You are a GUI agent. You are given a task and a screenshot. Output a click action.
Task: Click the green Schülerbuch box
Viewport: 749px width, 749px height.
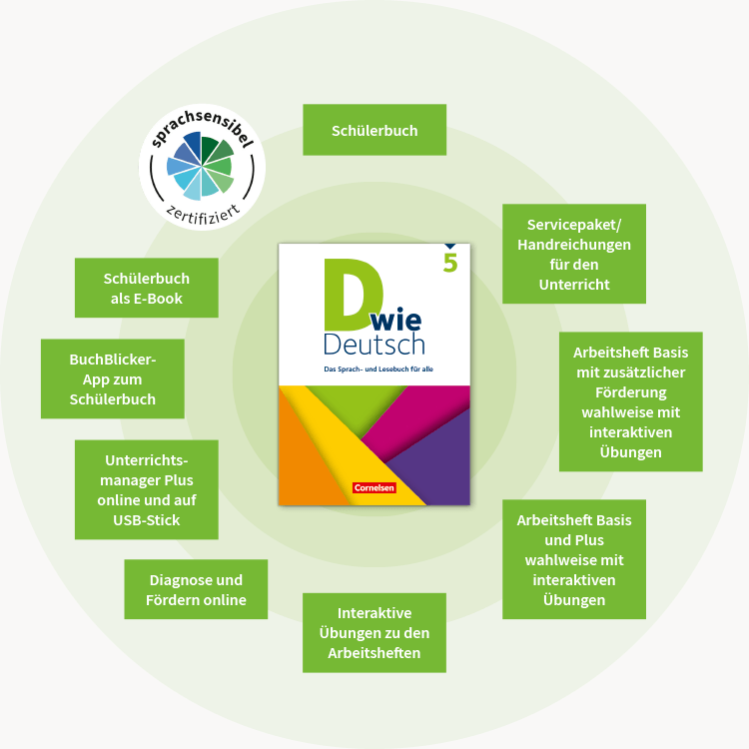tap(374, 131)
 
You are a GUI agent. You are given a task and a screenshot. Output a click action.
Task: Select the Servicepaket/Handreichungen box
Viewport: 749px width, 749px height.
tap(574, 254)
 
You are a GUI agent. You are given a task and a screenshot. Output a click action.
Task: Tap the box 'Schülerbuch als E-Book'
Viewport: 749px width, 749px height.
tap(147, 289)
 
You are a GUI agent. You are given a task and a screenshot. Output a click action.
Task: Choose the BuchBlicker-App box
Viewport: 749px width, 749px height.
tap(113, 378)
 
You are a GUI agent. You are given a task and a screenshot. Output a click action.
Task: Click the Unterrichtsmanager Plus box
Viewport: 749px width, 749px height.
tap(147, 490)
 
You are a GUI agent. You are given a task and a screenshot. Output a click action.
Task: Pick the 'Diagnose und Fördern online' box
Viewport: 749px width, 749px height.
tap(196, 589)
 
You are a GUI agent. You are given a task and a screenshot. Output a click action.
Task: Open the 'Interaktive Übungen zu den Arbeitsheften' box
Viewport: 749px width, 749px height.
tap(374, 632)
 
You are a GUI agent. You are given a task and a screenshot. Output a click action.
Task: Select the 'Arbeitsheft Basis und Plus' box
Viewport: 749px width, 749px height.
tap(574, 559)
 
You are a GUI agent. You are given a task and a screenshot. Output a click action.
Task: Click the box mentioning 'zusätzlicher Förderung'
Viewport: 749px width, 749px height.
tap(630, 401)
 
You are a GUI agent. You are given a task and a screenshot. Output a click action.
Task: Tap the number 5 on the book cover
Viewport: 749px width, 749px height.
tap(450, 265)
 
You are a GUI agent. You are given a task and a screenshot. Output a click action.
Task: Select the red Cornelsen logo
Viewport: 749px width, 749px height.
tap(374, 488)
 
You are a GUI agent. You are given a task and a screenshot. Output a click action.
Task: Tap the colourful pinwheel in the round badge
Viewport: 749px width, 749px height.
tap(201, 166)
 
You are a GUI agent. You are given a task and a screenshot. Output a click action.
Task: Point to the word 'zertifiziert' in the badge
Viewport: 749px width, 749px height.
tap(202, 213)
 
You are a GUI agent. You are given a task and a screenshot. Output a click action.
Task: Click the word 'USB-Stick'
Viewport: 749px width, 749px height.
tap(147, 520)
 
